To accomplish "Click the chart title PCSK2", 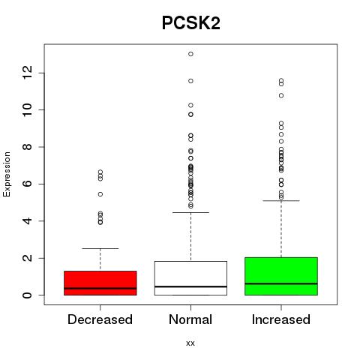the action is (191, 23).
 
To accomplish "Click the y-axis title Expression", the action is (7, 174).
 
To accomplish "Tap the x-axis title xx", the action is (190, 343).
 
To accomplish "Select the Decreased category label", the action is (100, 319).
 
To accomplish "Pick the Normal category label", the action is (190, 319).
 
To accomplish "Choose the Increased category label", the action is (281, 319).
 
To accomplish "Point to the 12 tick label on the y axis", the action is (28, 73).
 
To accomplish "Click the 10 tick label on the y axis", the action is (28, 109).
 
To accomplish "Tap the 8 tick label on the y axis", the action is (28, 147).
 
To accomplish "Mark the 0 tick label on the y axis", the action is (28, 295).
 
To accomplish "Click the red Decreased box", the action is (100, 283).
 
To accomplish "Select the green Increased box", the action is (281, 276).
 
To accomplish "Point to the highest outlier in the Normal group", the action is (190, 54).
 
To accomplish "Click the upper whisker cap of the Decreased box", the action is (100, 248).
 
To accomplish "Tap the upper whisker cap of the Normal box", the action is (190, 212).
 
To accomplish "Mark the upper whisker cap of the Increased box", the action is (281, 200).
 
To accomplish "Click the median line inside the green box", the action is (281, 283).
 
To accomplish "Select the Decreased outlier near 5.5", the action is (100, 194).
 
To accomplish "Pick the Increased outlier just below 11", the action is (281, 95).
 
